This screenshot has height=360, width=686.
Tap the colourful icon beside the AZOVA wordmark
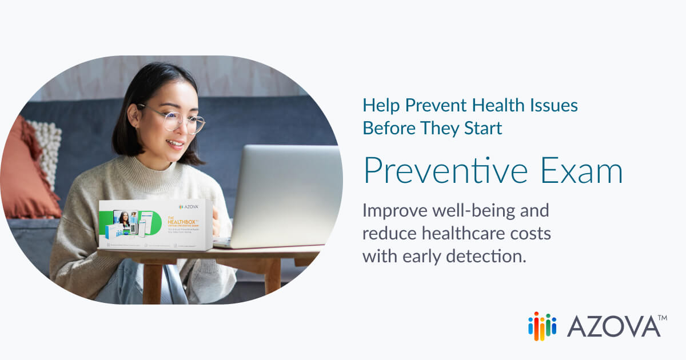click(542, 326)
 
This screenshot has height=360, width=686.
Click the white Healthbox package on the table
click(155, 225)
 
